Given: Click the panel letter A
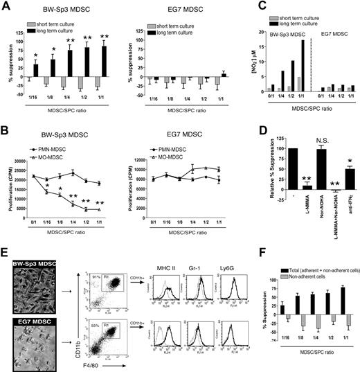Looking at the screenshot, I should [x=6, y=6].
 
